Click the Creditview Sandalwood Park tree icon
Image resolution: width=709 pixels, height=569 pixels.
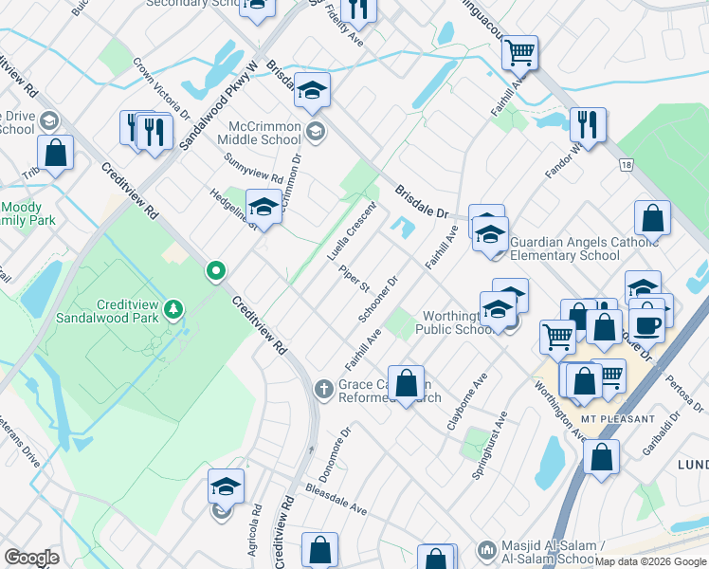173,309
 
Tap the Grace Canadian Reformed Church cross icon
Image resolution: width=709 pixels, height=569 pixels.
323,388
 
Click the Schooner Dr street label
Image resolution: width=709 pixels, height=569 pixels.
377,299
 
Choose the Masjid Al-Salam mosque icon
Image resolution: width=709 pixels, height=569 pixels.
487,549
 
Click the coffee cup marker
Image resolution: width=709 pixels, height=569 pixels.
648,323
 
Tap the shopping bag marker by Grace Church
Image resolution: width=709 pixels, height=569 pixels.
406,383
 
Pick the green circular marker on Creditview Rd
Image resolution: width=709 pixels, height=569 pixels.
216,272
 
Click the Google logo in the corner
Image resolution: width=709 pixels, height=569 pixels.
31,559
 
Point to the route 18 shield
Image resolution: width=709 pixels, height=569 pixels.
626,165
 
